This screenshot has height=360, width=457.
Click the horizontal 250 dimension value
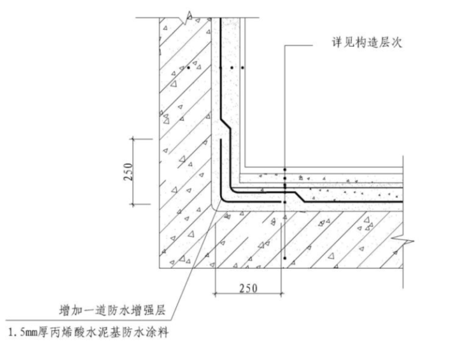click(247, 287)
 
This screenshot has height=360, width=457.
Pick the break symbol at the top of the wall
click(189, 15)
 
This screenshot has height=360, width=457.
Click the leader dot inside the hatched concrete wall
click(188, 68)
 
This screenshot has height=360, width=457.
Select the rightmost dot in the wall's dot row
click(242, 68)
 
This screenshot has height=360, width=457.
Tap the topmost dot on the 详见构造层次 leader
click(285, 169)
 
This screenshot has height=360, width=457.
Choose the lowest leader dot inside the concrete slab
click(285, 259)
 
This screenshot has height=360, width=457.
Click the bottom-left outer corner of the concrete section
click(159, 267)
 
